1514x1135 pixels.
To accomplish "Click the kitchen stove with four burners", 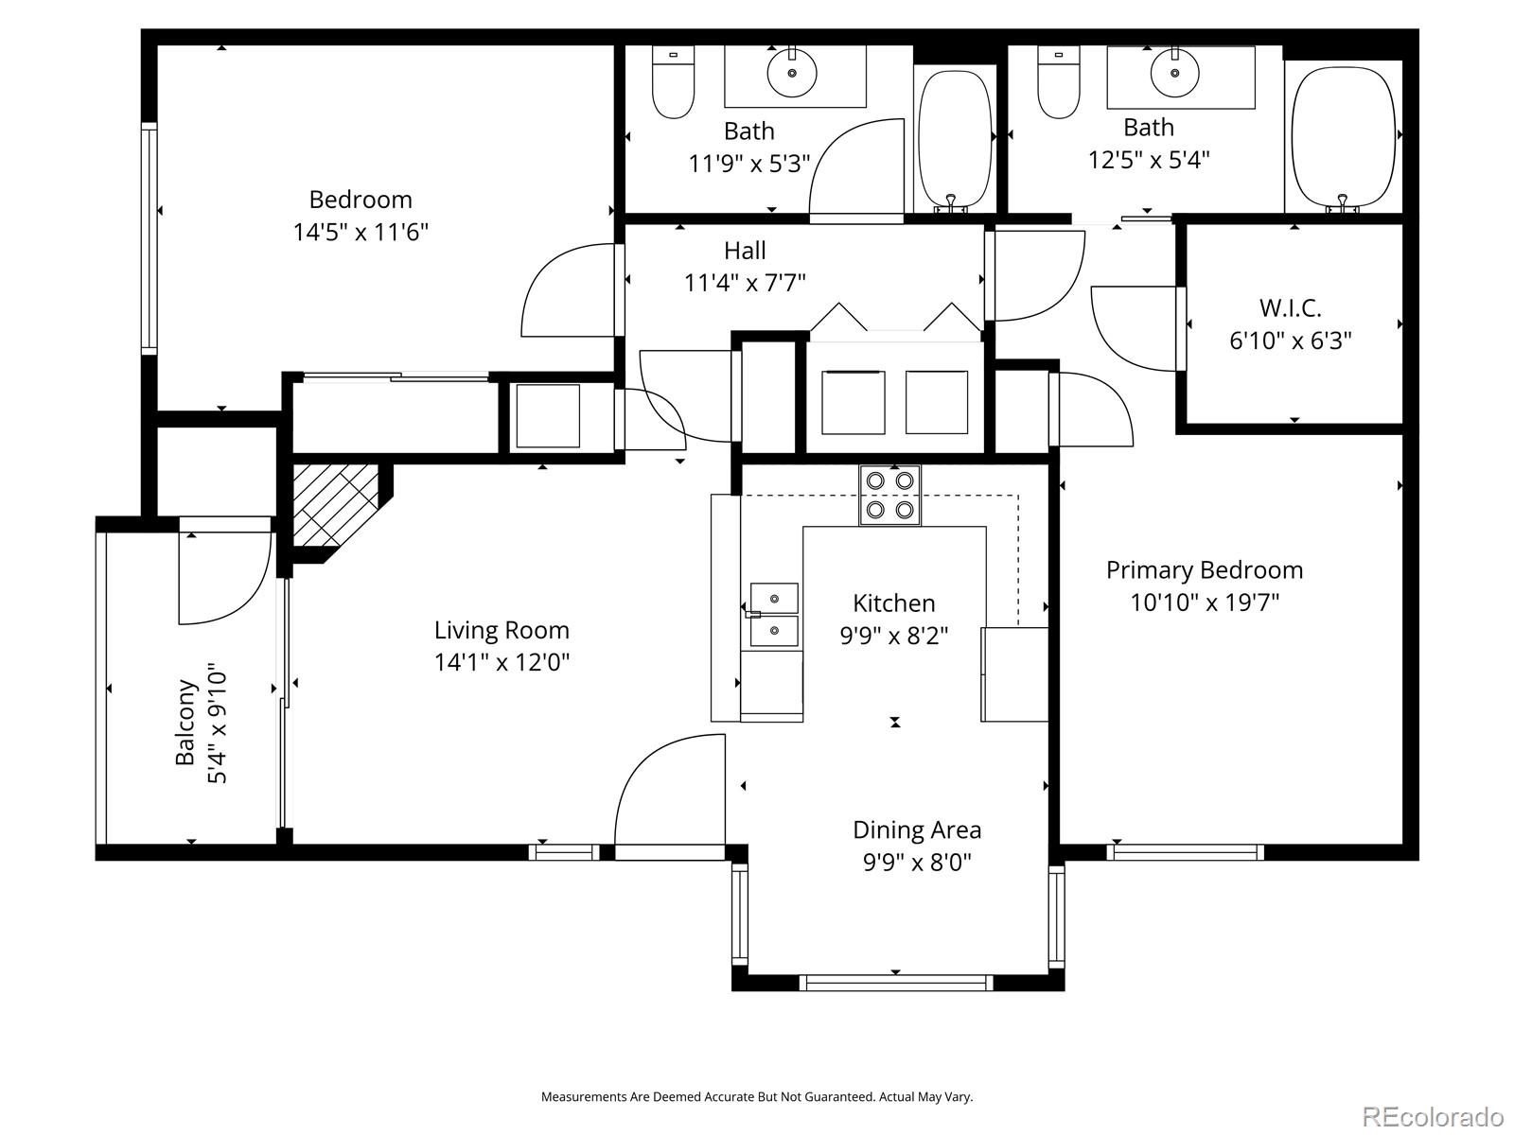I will tap(889, 495).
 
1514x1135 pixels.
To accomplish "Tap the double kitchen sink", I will tap(774, 615).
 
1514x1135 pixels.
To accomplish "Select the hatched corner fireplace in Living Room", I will tap(334, 506).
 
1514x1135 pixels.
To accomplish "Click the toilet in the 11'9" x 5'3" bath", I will tap(673, 84).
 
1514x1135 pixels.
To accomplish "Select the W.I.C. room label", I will tap(1290, 307).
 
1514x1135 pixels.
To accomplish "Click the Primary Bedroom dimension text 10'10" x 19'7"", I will tap(1205, 602).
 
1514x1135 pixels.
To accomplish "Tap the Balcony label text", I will tap(186, 723).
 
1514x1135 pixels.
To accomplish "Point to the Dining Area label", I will tap(916, 829).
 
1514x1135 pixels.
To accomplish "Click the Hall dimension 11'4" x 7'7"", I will tap(745, 282).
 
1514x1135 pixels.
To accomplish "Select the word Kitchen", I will tap(893, 602).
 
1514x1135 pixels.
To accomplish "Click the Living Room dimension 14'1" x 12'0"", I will tap(502, 662).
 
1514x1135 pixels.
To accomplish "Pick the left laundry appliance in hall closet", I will tap(853, 402).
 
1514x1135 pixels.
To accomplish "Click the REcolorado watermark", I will tap(1432, 1117).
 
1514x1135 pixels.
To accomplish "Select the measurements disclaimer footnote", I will tap(756, 1097).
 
